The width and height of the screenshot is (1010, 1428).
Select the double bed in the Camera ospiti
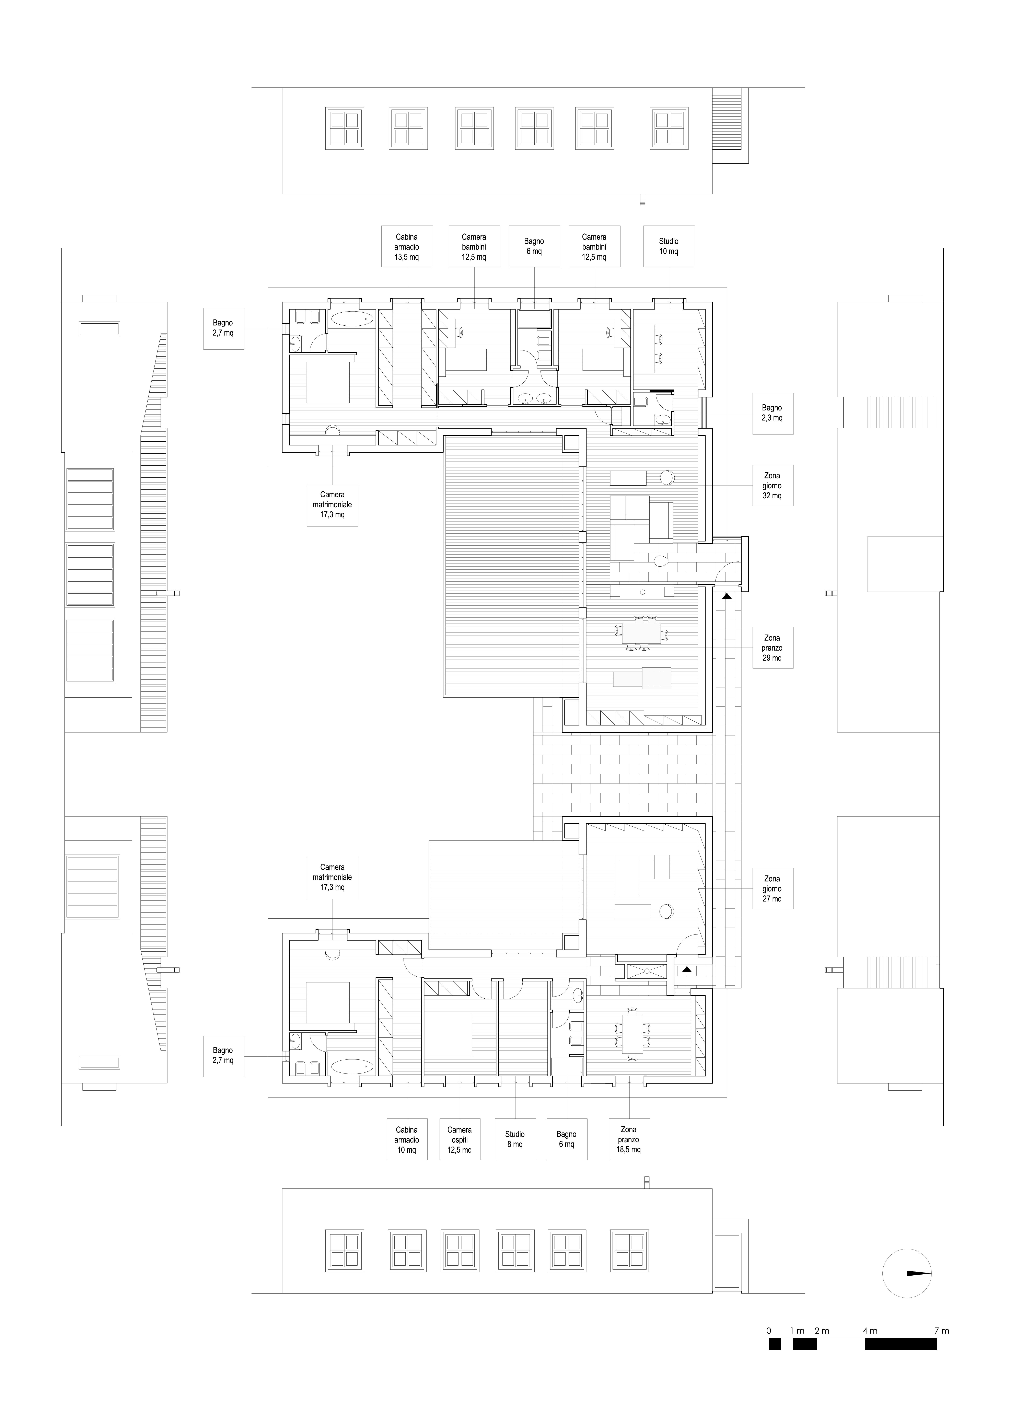point(450,1034)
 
